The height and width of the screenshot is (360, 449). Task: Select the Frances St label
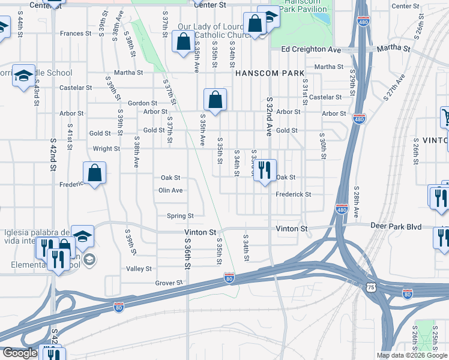tap(75, 34)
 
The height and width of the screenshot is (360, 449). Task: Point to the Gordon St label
tap(142, 103)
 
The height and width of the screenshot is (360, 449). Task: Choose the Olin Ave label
tap(170, 190)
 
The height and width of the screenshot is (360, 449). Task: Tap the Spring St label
tap(180, 216)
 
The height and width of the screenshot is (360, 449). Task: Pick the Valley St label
tap(138, 269)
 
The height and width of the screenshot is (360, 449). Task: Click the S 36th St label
tap(187, 253)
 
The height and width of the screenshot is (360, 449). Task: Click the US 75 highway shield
tap(371, 288)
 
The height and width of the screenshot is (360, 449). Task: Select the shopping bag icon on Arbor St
tap(215, 99)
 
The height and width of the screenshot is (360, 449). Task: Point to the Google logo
tap(20, 353)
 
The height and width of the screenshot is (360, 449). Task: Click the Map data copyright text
tap(412, 355)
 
